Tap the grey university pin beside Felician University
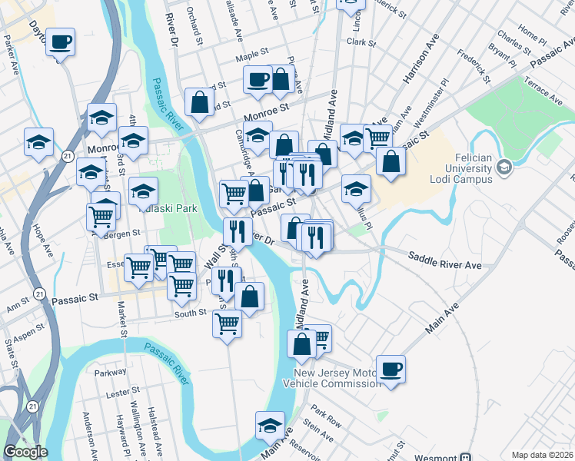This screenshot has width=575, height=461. click(504, 167)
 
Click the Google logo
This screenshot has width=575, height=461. click(25, 452)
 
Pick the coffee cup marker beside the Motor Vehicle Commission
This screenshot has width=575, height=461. click(391, 369)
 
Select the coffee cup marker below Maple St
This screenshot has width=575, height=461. click(258, 79)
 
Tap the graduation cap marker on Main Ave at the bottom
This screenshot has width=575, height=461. click(270, 425)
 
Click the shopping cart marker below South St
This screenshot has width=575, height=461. click(228, 323)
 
